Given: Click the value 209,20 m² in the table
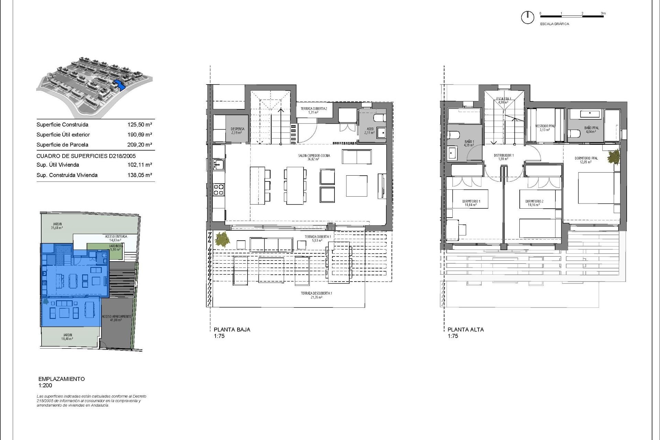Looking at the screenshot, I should click(140, 145).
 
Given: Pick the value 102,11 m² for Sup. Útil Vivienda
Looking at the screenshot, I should click(140, 165).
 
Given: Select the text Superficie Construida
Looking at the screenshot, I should click(62, 125).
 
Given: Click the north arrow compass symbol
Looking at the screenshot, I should click(527, 17).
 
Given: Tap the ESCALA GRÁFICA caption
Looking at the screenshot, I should click(554, 24).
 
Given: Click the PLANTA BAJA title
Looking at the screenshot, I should click(232, 329).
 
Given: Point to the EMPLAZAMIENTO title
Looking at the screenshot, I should click(62, 379).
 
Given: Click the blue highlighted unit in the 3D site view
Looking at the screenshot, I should click(119, 84).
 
